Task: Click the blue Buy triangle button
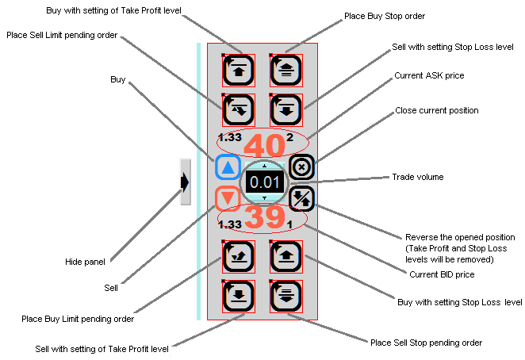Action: (x=228, y=167)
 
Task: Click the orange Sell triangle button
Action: (x=228, y=197)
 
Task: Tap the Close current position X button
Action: (x=302, y=167)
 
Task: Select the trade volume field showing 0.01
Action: (x=264, y=182)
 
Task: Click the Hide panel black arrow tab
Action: (x=185, y=182)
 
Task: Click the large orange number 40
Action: (x=263, y=147)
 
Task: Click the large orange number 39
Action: (x=263, y=216)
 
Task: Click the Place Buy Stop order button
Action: (x=286, y=69)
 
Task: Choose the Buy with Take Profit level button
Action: (x=239, y=70)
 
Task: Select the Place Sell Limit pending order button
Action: (x=239, y=109)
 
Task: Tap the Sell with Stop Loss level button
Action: (x=286, y=109)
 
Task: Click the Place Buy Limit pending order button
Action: (x=239, y=255)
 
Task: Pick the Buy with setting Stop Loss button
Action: (x=286, y=255)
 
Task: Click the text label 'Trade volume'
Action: (x=418, y=177)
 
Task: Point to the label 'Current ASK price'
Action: (x=429, y=75)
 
